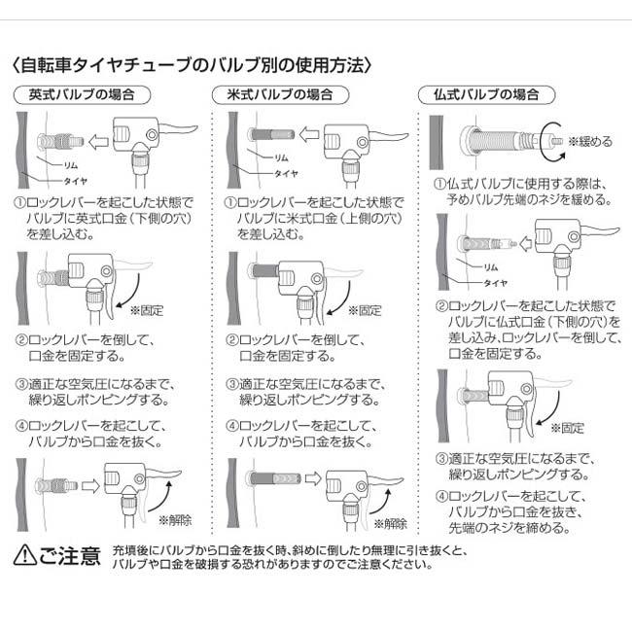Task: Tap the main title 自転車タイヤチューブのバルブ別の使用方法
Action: [x=194, y=66]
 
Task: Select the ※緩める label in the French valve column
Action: [x=590, y=141]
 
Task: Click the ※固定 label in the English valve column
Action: [x=148, y=310]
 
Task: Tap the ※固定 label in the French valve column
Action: [x=568, y=427]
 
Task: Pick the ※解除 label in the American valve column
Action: [x=388, y=523]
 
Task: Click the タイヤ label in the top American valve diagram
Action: [x=286, y=173]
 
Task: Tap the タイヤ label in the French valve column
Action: [x=497, y=281]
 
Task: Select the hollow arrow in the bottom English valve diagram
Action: [x=91, y=481]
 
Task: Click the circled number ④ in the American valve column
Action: [x=233, y=426]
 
